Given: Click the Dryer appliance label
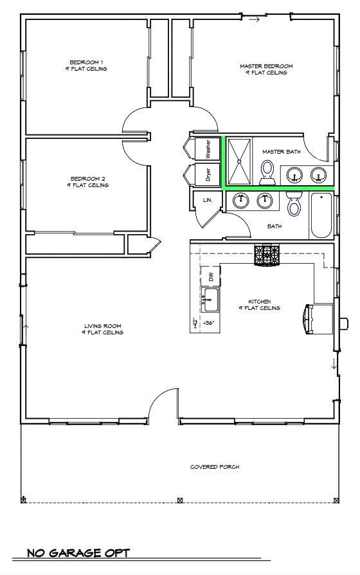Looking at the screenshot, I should click(x=208, y=174).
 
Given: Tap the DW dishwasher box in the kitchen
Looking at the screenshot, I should click(x=210, y=277).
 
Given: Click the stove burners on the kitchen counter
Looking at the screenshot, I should click(x=267, y=255).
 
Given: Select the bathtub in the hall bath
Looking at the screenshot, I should click(x=322, y=215).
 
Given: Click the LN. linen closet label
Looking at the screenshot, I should click(x=208, y=201).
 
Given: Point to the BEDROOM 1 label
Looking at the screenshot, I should click(x=89, y=65).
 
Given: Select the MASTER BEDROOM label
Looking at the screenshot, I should click(x=266, y=69).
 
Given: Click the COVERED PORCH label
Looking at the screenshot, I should click(x=215, y=467).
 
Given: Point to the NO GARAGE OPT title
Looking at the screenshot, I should click(x=78, y=553).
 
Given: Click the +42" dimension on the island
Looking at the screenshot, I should click(x=194, y=322).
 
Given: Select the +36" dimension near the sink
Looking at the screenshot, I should click(x=208, y=322).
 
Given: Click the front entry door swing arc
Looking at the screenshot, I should click(x=161, y=400).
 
